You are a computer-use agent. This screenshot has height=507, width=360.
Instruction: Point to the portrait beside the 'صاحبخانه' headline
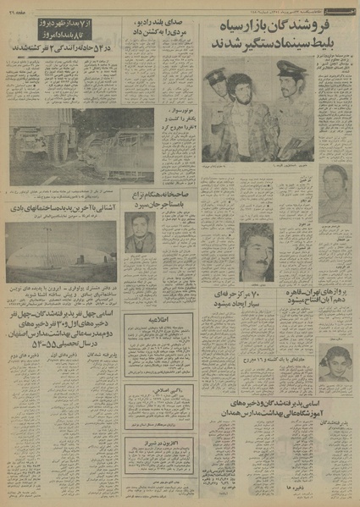pyautogui.click(x=136, y=232)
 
